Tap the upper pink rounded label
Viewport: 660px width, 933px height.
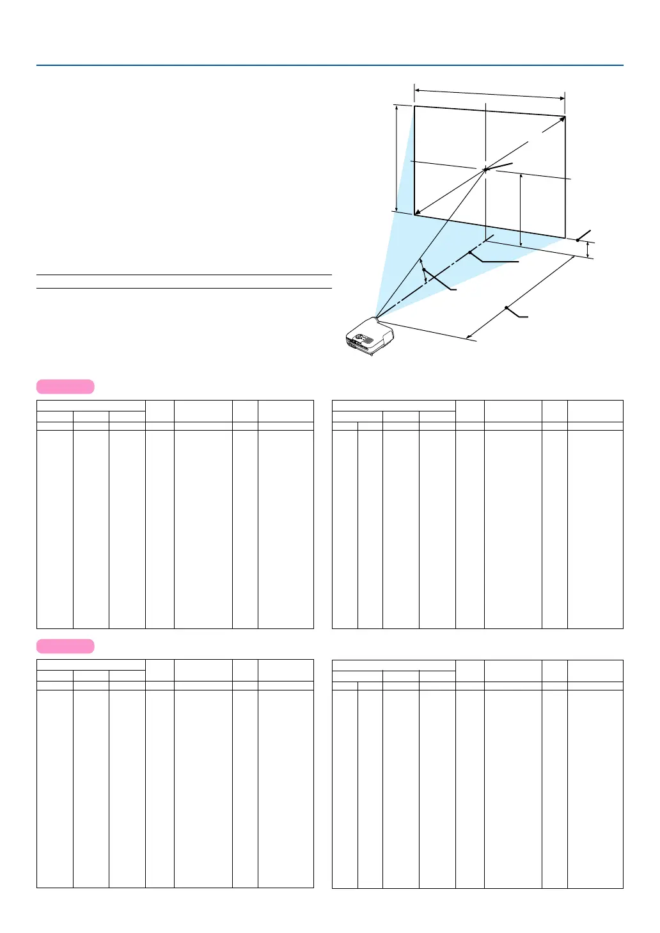coord(65,387)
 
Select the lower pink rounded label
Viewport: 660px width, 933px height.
coord(65,646)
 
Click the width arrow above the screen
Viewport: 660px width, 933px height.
coord(490,95)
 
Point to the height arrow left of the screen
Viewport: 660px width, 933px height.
coord(397,158)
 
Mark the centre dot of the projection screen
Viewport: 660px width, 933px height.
coord(486,170)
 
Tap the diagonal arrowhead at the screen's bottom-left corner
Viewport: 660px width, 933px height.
coord(417,213)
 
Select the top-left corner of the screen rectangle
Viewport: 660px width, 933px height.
coord(414,106)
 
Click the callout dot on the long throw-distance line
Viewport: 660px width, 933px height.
coord(506,308)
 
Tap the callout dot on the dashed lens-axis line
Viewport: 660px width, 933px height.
coord(470,253)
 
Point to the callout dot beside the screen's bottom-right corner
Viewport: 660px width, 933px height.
coord(577,240)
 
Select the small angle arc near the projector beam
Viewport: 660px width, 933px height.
coord(423,271)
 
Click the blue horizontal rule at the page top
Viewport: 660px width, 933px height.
coord(329,65)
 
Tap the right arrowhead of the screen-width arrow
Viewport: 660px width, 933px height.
coord(563,99)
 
